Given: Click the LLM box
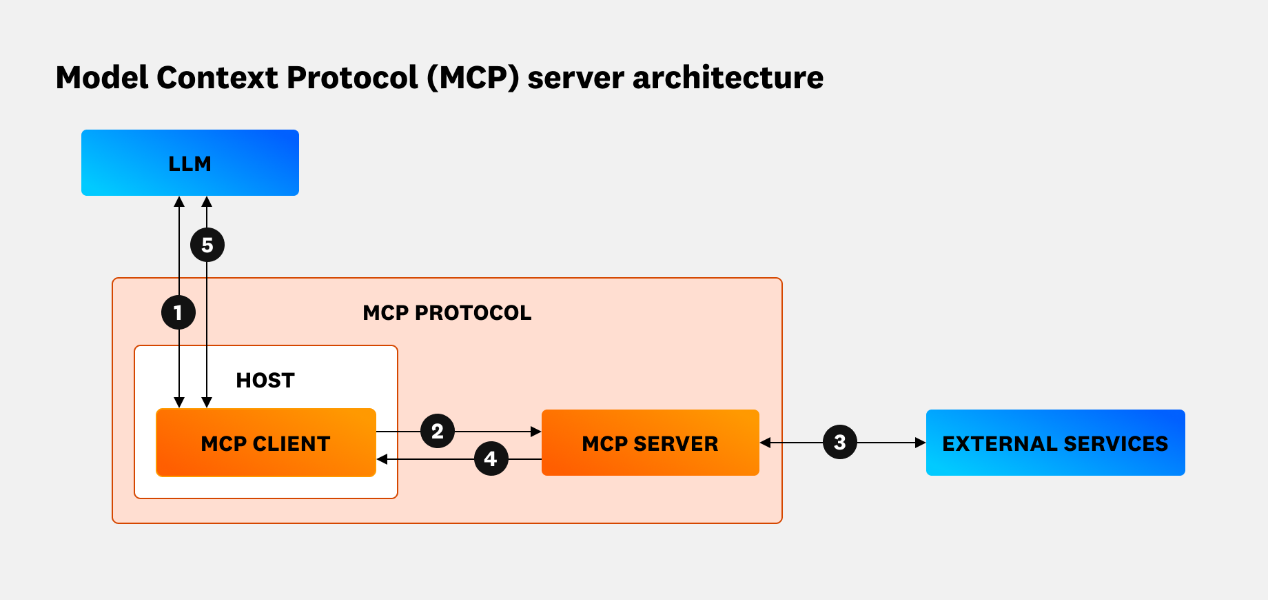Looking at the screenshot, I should [190, 163].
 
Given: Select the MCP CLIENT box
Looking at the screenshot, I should [266, 443].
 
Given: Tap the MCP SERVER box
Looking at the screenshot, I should [650, 443].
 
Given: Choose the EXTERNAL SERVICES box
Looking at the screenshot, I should [1055, 443].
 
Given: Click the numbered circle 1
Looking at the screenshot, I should [178, 312].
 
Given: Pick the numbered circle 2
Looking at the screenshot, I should [438, 432].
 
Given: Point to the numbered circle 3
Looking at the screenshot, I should [839, 442].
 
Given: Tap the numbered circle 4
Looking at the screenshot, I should [491, 458].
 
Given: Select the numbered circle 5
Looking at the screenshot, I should [207, 245].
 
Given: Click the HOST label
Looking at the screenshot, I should [265, 380].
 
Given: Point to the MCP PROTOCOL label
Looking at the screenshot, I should [447, 313].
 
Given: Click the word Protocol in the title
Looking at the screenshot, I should [352, 77].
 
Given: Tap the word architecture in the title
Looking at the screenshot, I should [728, 77].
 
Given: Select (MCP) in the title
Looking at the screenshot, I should [473, 77].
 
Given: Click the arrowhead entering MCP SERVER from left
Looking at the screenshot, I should [536, 432].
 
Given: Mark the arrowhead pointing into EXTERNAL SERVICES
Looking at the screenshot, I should [921, 443].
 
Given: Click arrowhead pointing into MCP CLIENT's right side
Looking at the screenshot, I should [382, 459].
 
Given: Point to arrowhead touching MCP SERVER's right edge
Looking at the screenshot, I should [765, 443].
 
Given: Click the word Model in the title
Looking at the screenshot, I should [102, 77].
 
